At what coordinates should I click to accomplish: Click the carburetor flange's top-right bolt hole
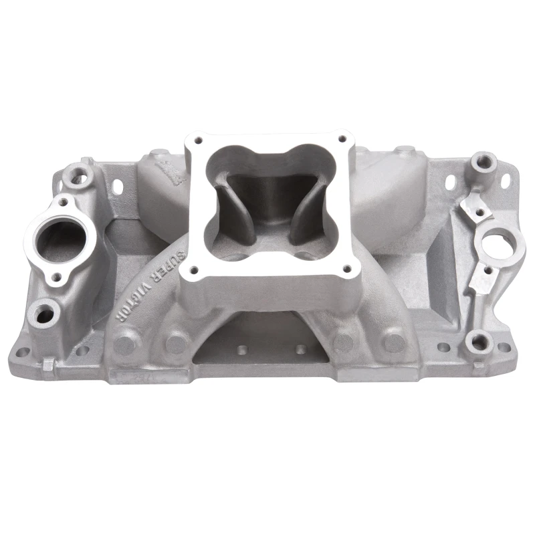pyautogui.click(x=342, y=139)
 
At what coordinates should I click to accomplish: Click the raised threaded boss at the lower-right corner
pyautogui.click(x=479, y=343)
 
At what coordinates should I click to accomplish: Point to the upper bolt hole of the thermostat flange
pyautogui.click(x=62, y=201)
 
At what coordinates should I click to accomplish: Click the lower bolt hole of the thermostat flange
pyautogui.click(x=58, y=276)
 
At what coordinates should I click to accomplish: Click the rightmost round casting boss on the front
pyautogui.click(x=395, y=342)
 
